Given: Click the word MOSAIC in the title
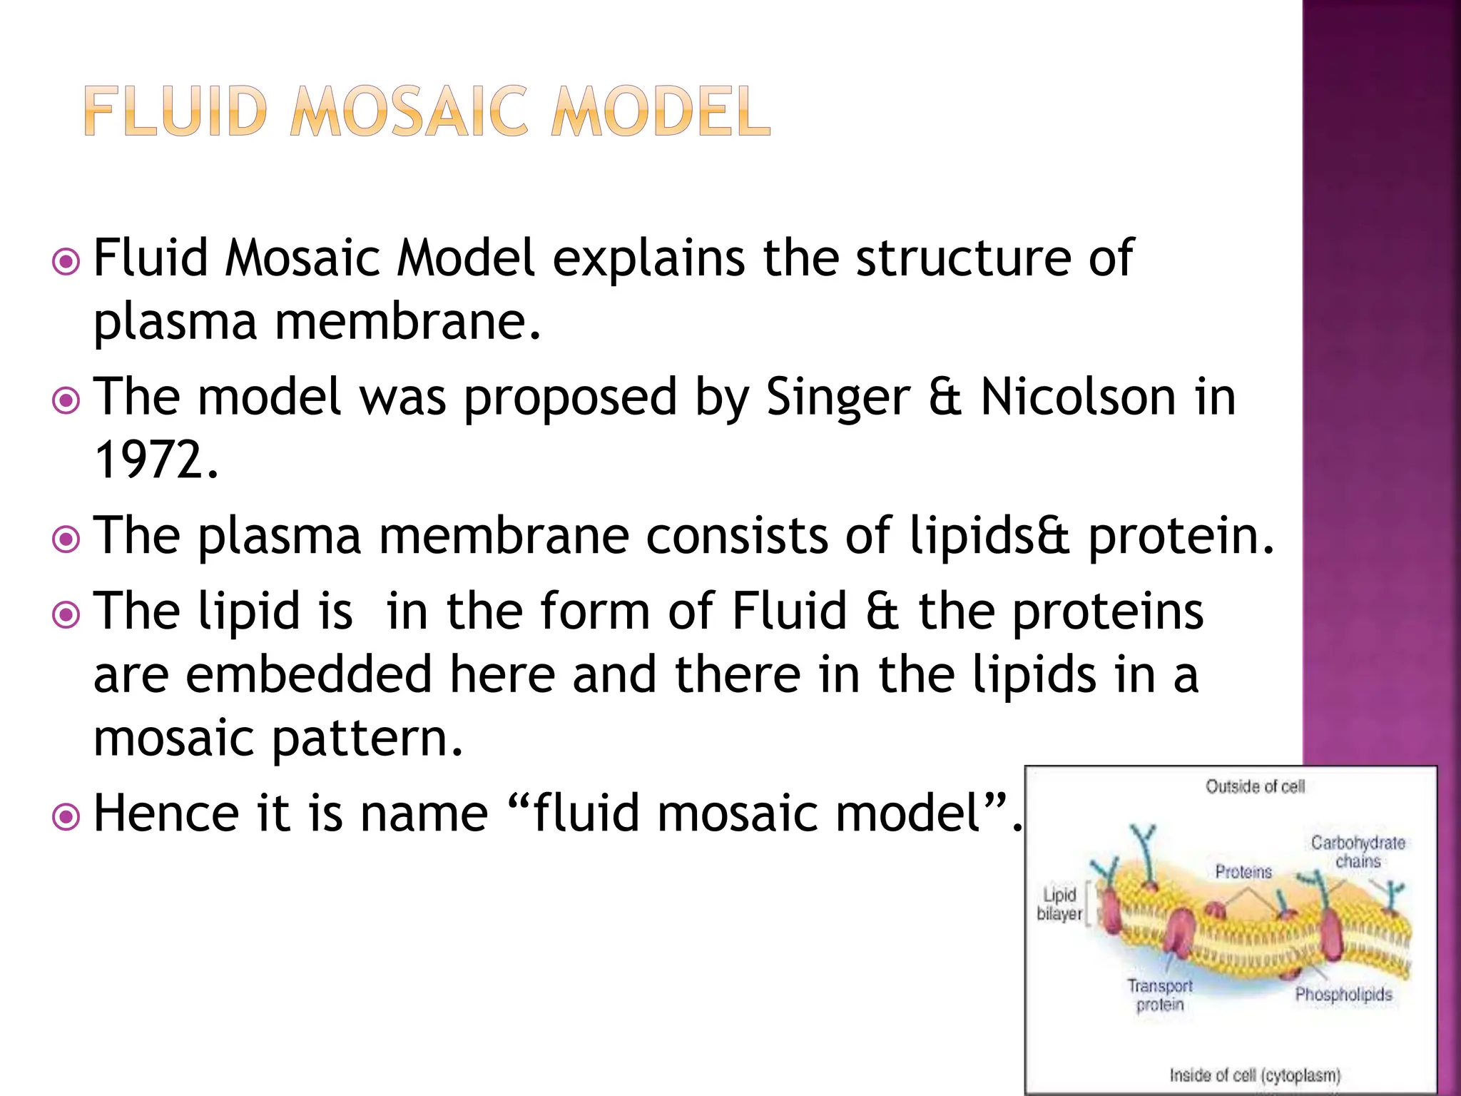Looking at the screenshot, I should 409,112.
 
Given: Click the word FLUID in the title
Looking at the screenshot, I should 175,112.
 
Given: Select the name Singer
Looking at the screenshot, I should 838,397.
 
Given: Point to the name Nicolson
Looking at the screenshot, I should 1078,397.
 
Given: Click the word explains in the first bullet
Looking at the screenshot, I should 648,258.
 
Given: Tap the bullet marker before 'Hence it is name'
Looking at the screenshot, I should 66,816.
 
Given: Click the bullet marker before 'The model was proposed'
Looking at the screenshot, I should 66,400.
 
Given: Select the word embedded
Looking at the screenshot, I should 309,674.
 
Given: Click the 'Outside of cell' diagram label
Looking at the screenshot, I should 1255,786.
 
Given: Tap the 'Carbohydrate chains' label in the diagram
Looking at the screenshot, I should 1358,852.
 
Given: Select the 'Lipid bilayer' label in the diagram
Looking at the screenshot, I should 1059,904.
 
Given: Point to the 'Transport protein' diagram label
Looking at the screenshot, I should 1160,995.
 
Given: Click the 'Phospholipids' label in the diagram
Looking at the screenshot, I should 1343,994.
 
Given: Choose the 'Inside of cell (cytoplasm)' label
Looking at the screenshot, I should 1255,1075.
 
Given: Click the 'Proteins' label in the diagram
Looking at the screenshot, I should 1243,871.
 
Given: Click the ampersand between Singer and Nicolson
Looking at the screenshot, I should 945,397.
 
